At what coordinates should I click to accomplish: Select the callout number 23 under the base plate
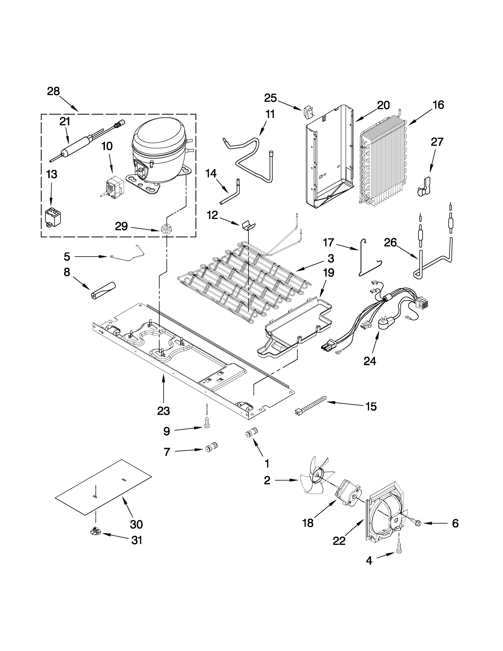tap(163, 411)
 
